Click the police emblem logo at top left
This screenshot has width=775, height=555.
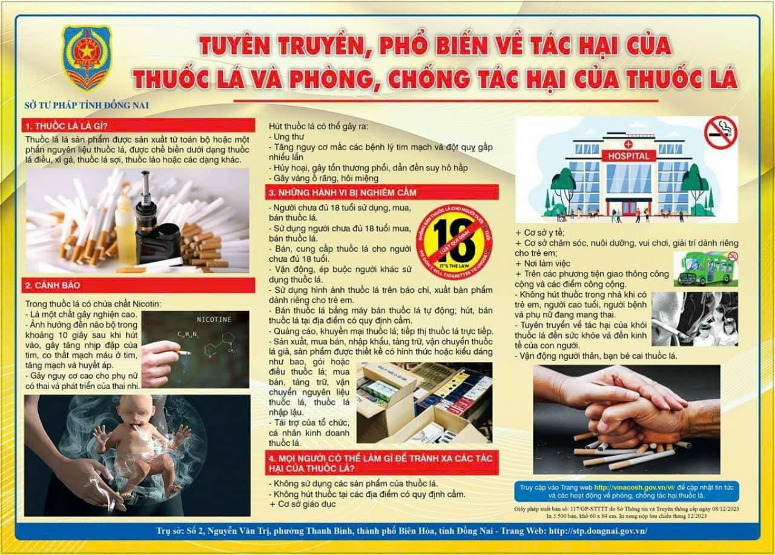click(x=87, y=58)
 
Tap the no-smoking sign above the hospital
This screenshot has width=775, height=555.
click(x=720, y=133)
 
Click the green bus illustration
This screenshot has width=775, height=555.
click(x=705, y=269)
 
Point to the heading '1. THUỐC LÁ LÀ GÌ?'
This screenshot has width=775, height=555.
click(x=65, y=126)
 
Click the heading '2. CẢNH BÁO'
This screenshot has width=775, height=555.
click(x=52, y=285)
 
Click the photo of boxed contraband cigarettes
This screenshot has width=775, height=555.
click(x=424, y=402)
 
